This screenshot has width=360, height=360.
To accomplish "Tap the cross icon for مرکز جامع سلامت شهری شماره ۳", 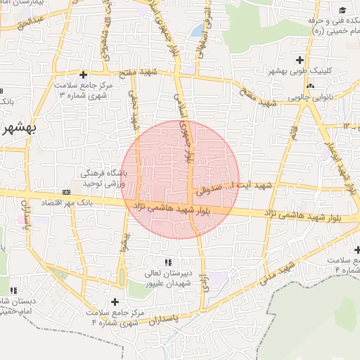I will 84,75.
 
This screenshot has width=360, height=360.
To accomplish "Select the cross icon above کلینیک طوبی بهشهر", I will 300,60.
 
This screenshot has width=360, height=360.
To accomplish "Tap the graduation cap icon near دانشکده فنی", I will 342,10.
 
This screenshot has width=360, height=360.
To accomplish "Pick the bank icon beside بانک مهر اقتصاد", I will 67,191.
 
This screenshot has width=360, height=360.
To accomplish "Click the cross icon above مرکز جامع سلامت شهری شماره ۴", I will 115,302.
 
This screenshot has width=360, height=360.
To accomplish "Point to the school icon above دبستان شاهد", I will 13,290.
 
